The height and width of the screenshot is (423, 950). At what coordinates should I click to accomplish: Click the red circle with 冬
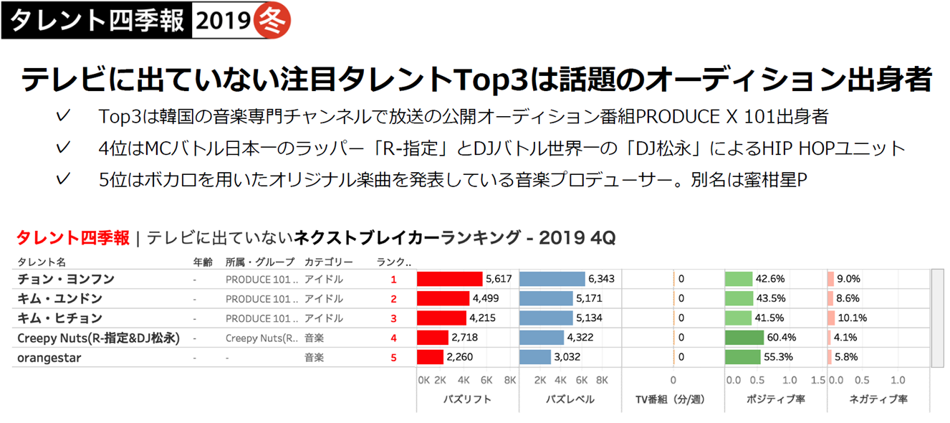273,22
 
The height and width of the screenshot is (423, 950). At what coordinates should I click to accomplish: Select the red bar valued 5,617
450,279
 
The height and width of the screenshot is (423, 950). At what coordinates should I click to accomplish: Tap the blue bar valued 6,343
552,279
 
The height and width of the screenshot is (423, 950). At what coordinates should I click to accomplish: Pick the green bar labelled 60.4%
744,338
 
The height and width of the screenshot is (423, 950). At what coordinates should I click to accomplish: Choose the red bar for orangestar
431,357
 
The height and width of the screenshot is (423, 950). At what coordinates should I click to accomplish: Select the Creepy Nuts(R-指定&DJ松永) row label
98,338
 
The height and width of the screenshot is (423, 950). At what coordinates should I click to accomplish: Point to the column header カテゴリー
328,262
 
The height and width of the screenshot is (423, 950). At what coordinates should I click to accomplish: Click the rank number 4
393,338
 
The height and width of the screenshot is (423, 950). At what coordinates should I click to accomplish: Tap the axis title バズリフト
467,399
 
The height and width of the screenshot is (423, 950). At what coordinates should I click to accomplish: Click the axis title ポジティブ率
776,399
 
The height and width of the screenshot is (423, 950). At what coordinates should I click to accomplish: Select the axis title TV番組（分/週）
673,399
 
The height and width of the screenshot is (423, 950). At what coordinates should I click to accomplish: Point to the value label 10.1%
853,318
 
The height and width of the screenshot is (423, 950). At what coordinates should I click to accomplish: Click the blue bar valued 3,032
534,357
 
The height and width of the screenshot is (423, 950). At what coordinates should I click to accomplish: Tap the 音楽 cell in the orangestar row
314,357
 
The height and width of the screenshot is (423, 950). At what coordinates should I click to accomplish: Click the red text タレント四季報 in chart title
72,238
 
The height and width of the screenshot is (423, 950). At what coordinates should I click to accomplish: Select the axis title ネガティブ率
878,399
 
